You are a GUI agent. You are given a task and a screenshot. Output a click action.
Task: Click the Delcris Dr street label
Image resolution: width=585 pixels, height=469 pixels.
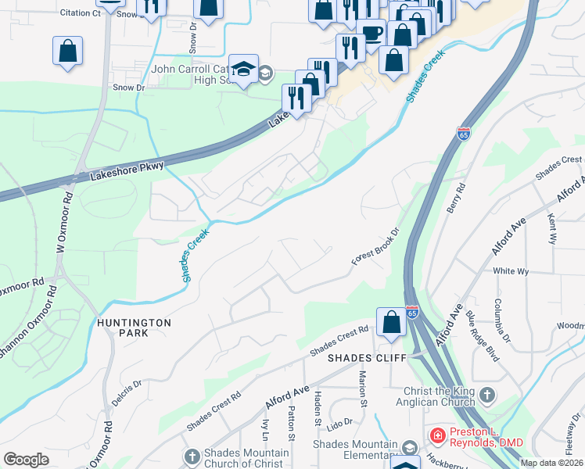click(x=127, y=392)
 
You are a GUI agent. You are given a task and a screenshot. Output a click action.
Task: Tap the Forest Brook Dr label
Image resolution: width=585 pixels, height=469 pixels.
click(x=375, y=247)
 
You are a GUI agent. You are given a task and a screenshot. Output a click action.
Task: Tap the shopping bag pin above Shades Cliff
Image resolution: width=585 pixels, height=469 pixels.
click(x=391, y=322)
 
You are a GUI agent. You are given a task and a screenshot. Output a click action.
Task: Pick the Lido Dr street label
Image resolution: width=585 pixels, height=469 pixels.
click(x=340, y=424)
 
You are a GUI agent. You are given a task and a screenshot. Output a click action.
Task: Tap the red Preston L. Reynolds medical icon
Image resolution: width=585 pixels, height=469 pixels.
click(x=438, y=435)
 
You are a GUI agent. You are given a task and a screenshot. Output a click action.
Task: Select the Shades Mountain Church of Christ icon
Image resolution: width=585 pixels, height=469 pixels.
click(x=193, y=455)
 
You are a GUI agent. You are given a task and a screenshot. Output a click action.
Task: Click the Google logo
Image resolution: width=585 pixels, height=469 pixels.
click(x=27, y=460)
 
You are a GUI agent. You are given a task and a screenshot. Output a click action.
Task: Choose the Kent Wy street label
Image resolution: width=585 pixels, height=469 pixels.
click(x=552, y=227)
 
